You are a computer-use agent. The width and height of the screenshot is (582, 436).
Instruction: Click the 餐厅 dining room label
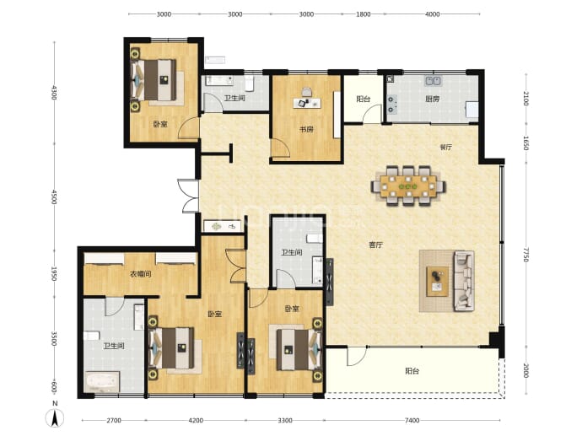(x=446, y=148)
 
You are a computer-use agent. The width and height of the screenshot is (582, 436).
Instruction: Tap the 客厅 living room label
(x=375, y=245)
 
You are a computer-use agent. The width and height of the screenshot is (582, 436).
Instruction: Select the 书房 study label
(x=306, y=130)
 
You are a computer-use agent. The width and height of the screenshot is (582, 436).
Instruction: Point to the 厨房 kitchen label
(x=433, y=99)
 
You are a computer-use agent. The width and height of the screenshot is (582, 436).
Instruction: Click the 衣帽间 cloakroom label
(x=141, y=274)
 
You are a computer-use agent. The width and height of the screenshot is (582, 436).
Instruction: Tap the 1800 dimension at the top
(x=364, y=14)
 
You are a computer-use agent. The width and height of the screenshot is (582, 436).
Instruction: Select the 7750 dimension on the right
(x=525, y=255)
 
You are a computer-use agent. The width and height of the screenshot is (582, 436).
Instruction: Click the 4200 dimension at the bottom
(x=196, y=421)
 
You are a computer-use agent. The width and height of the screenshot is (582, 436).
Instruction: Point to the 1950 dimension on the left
(x=54, y=273)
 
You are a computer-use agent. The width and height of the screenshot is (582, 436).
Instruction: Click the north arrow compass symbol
(x=55, y=418)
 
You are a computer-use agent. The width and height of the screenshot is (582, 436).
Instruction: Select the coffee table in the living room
(x=437, y=282)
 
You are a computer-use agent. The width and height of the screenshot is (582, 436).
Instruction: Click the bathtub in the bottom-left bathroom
(x=102, y=381)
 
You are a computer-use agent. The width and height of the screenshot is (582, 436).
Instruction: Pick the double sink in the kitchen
(x=433, y=80)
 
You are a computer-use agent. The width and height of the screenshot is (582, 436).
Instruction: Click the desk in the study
(x=307, y=103)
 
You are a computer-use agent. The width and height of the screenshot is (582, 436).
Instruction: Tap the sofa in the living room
(x=464, y=281)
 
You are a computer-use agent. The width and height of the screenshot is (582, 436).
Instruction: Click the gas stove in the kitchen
(x=391, y=105)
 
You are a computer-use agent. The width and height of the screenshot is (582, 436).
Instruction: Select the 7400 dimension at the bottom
(x=412, y=421)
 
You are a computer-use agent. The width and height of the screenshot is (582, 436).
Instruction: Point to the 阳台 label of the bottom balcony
(x=412, y=371)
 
